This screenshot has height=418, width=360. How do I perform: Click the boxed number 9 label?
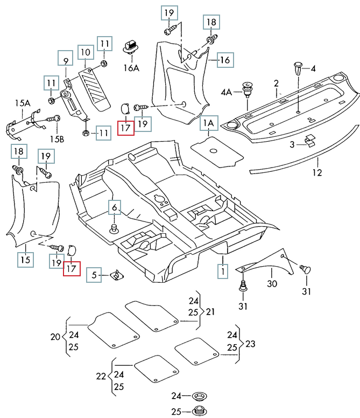tap(65, 60)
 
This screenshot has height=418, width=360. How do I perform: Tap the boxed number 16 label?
tap(224, 60)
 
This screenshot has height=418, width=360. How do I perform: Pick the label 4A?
tap(225, 92)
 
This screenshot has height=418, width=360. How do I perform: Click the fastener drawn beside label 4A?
tap(248, 88)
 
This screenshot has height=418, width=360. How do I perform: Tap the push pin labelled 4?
tap(299, 68)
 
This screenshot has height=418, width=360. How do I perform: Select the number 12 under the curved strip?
tap(316, 173)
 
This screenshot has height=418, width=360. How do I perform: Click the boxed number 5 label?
tap(93, 275)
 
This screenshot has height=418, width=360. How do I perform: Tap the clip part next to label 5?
tap(115, 275)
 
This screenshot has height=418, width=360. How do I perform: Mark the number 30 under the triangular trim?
tap(272, 283)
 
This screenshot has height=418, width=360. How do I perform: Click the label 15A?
tap(23, 102)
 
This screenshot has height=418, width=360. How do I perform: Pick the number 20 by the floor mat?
tap(55, 337)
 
